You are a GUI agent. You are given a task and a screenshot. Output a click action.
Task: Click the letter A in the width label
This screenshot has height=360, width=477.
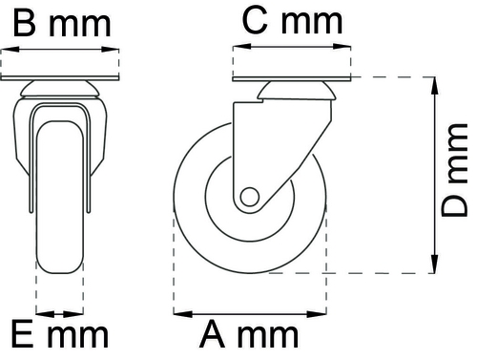point(214,335)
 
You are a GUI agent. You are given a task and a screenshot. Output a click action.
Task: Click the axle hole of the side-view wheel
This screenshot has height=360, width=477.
point(249,198)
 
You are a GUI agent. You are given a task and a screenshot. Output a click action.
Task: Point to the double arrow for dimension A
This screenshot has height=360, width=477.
point(249,311)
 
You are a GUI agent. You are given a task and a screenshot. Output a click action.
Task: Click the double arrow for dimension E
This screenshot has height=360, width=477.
point(59,311)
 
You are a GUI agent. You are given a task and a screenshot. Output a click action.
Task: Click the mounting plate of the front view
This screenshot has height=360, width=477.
point(61,72)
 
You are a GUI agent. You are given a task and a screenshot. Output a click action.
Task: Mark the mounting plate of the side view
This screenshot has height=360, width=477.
point(292,72)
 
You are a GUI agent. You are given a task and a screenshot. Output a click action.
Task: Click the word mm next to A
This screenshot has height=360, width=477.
point(270,335)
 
